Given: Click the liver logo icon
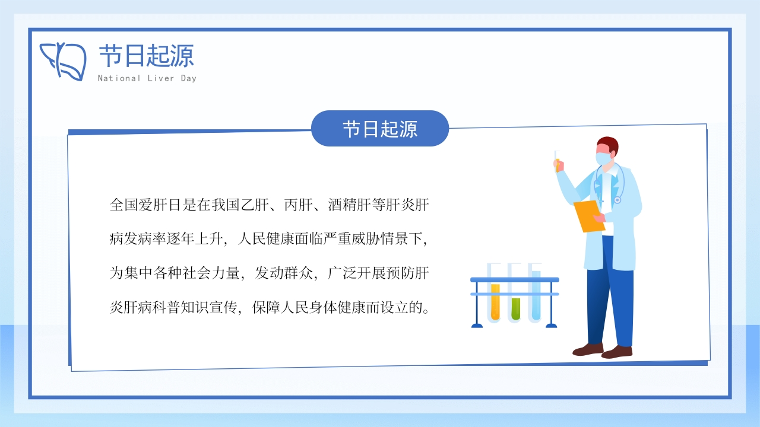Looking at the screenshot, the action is click(x=63, y=61).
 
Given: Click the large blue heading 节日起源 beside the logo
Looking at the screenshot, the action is click(x=146, y=56).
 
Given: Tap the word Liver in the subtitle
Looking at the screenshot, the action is click(x=161, y=78).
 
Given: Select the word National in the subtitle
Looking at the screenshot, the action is click(x=119, y=78).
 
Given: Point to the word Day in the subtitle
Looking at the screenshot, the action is click(x=189, y=79).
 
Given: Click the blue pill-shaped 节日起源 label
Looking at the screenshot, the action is click(x=380, y=129).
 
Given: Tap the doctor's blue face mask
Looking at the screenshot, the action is click(x=603, y=158).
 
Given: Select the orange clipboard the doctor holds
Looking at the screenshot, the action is click(x=588, y=216).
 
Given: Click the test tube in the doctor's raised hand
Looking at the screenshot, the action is click(x=557, y=162).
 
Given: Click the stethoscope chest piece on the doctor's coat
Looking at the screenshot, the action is click(x=617, y=200).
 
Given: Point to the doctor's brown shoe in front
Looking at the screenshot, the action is click(x=617, y=352).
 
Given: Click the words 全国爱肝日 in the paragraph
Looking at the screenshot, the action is click(x=145, y=205).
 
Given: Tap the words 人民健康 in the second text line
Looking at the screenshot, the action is click(x=266, y=239).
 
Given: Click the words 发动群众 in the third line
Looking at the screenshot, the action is click(x=284, y=273).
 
